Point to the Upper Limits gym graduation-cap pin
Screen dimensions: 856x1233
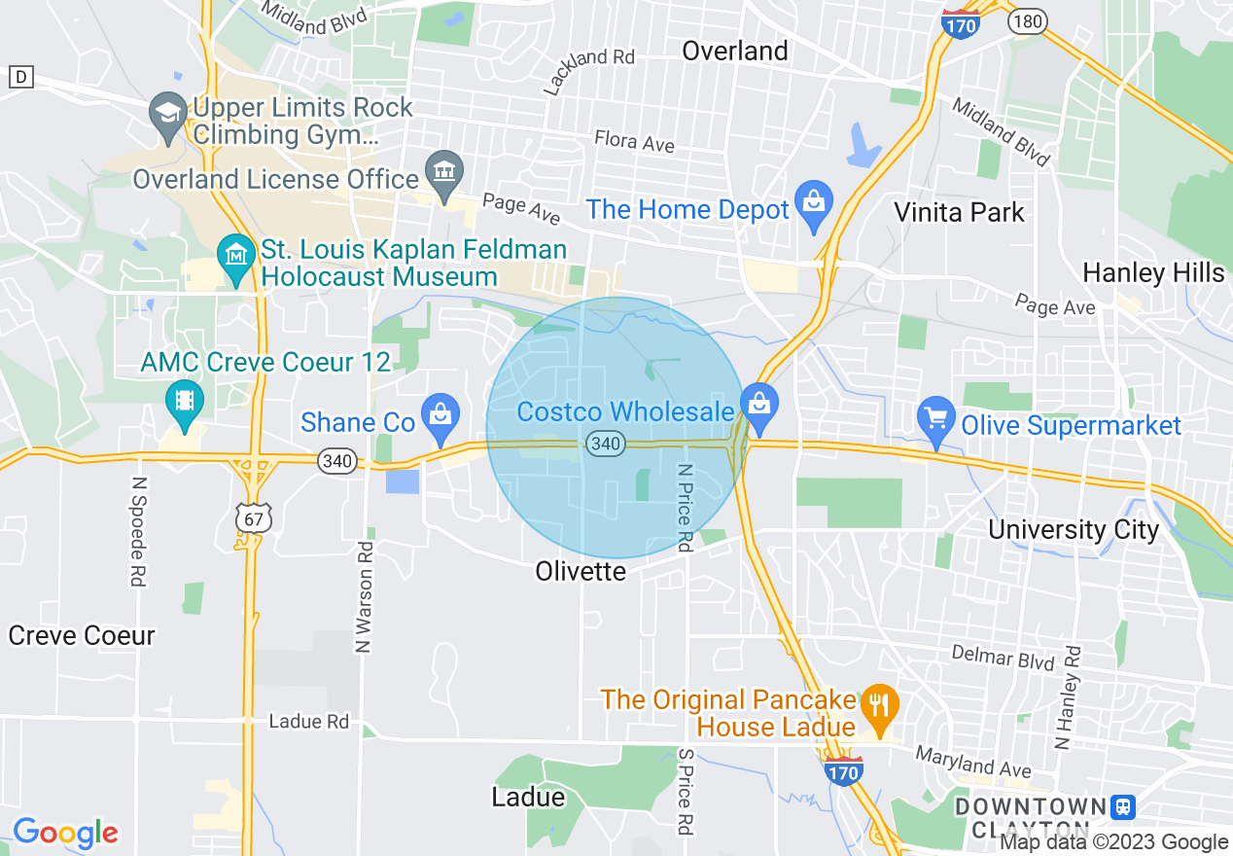tap(168, 116)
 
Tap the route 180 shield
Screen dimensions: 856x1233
tap(1025, 20)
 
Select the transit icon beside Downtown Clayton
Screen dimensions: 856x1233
tap(1123, 806)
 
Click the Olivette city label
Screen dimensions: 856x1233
tap(581, 571)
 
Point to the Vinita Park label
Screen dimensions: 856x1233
tap(959, 211)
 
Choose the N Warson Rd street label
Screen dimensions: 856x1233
tap(365, 594)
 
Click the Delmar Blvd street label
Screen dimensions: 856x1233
tap(1003, 659)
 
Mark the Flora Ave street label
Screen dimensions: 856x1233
tap(634, 142)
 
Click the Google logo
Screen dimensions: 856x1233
tap(65, 833)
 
